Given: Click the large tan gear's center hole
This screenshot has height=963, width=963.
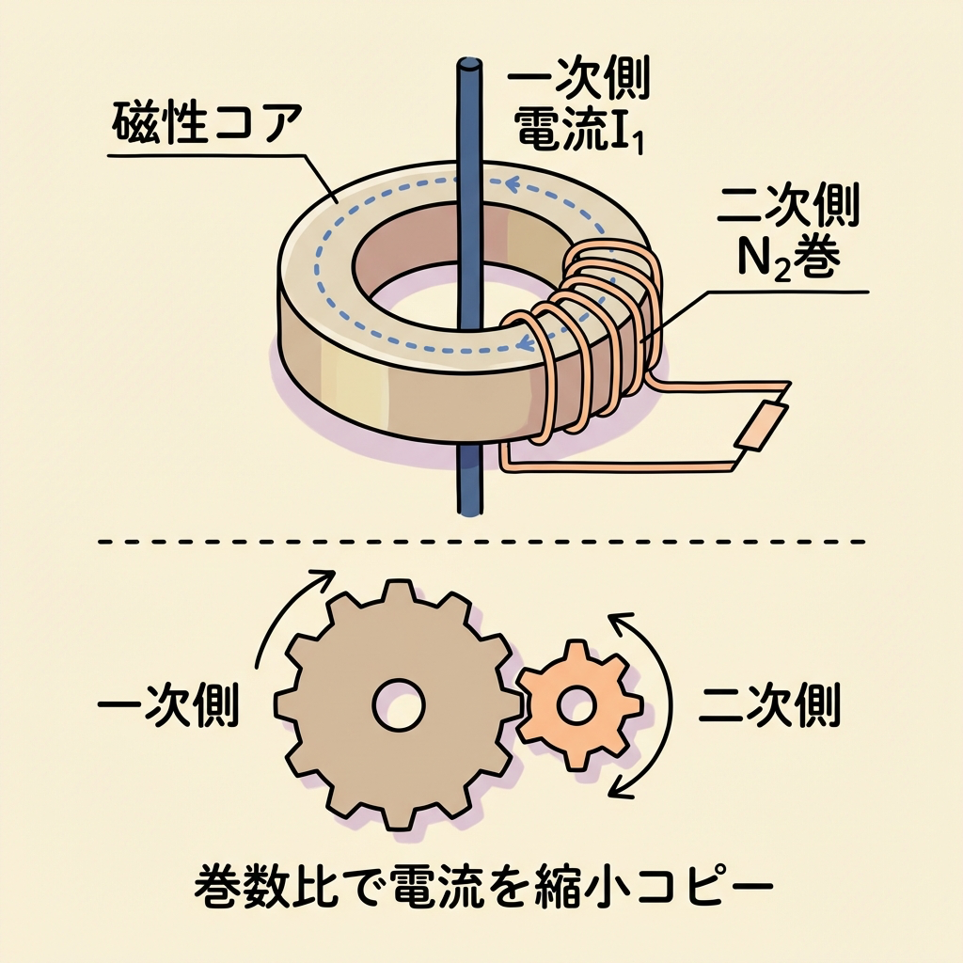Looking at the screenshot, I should click(x=398, y=703).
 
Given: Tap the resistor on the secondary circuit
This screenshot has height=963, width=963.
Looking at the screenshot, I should click(x=759, y=426).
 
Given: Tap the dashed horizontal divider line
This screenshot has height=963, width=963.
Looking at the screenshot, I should click(x=481, y=543).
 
